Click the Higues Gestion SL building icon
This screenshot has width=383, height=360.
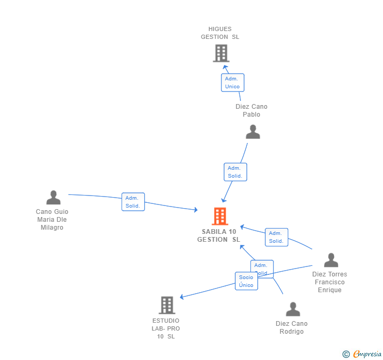pos(221,53)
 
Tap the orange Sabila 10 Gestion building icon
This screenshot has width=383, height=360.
pos(220,216)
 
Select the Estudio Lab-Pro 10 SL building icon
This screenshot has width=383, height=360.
pos(167,305)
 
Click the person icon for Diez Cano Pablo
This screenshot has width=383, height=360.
pos(253,132)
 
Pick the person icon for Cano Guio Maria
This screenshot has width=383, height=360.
pos(53,198)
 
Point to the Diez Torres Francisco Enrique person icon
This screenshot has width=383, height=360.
pos(331,260)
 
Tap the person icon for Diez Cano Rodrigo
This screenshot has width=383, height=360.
pos(293,309)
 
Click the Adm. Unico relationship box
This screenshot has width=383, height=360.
pos(233,83)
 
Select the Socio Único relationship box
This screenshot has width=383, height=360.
pos(246,281)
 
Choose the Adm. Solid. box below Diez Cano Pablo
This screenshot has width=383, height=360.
pos(235,172)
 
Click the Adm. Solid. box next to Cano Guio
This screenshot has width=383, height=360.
pos(133,202)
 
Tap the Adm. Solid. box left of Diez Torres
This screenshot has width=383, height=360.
pos(276,237)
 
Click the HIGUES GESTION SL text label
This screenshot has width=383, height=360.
pos(220,33)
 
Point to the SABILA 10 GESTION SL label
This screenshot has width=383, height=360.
pos(219,235)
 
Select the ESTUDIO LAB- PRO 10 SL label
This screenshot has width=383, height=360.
pos(166,328)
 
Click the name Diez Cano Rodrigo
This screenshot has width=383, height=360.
pos(291,327)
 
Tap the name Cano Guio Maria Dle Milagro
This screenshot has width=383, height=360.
pos(52,220)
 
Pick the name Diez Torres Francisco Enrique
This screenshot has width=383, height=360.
pos(330,282)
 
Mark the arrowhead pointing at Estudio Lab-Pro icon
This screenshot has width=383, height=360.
pos(182,297)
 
